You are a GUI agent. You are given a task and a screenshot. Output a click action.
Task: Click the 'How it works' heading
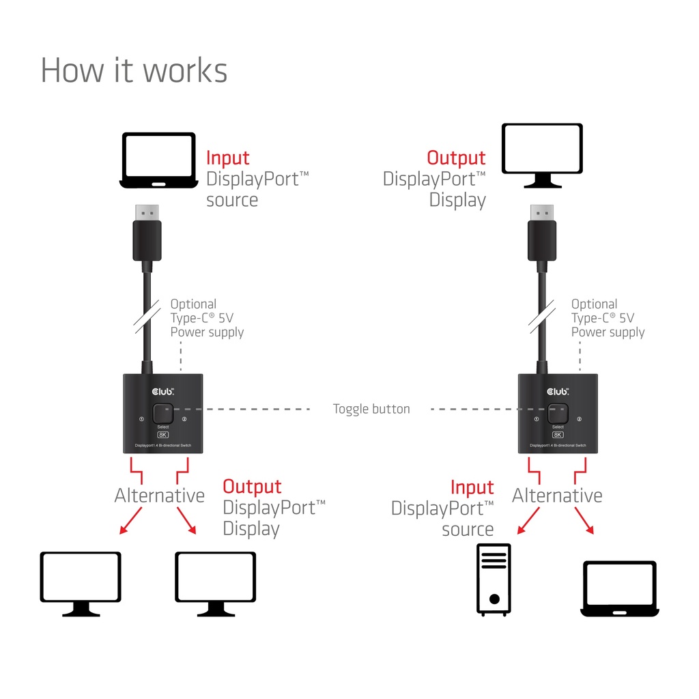click(x=134, y=70)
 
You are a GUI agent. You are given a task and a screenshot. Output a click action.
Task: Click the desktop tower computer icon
click(x=494, y=580)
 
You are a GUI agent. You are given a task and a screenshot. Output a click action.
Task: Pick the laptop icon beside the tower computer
click(x=618, y=588)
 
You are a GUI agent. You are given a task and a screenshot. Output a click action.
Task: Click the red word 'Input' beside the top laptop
click(x=228, y=158)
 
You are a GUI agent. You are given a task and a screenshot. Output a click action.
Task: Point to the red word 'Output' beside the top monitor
click(x=456, y=158)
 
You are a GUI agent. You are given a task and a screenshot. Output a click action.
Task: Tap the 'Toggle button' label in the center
click(x=371, y=410)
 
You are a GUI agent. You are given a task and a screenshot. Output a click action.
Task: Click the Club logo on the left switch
click(x=162, y=391)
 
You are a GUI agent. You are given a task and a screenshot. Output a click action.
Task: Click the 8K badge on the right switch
click(x=558, y=435)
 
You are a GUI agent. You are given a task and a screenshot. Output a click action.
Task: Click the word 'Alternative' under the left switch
click(x=159, y=496)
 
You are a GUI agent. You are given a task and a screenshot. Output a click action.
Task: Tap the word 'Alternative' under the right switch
click(x=557, y=496)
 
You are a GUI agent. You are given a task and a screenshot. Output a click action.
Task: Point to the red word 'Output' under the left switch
click(x=252, y=487)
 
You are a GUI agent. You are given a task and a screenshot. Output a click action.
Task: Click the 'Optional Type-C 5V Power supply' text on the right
click(x=607, y=318)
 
